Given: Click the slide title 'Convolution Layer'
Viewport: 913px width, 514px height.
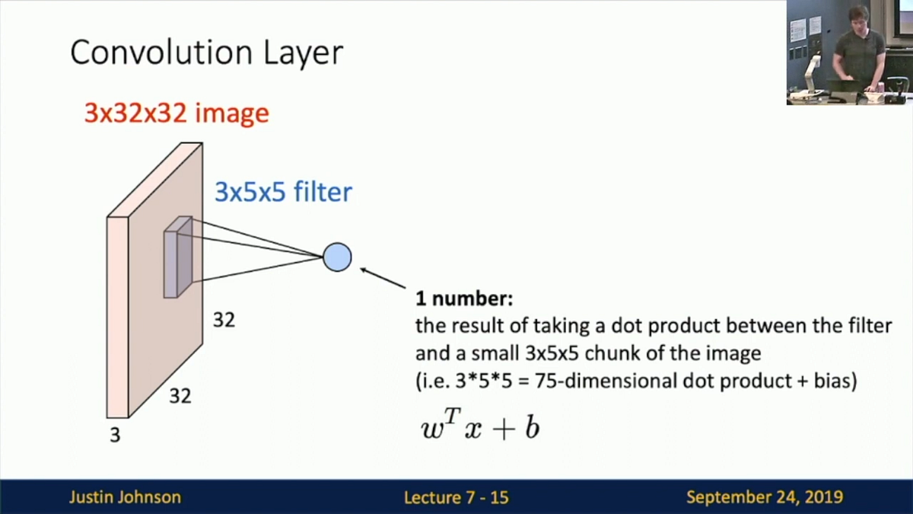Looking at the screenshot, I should click(206, 53).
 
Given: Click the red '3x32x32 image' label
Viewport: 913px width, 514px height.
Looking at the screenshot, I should click(177, 113).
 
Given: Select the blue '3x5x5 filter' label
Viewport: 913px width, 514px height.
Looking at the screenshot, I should click(283, 192).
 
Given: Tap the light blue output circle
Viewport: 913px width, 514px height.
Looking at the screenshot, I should click(337, 257).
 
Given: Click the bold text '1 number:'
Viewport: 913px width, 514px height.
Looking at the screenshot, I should click(465, 298).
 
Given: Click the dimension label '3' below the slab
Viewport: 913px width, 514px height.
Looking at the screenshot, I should click(115, 436).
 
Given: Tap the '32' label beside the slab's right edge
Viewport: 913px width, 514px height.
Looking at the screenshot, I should click(224, 321).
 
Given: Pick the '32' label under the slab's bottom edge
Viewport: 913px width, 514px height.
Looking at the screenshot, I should click(180, 396).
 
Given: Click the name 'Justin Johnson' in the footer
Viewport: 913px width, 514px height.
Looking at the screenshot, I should click(125, 497).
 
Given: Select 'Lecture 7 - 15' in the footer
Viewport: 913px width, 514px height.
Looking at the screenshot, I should click(456, 498).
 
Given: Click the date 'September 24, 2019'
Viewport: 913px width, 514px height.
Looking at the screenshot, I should click(764, 497).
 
